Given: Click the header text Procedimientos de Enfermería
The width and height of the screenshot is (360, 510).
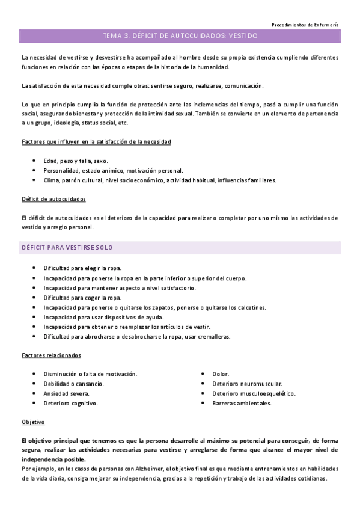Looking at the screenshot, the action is [x=305, y=25].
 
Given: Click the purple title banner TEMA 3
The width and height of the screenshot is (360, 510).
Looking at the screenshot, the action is [x=180, y=36].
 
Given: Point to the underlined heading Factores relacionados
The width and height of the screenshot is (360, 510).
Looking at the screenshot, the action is [x=51, y=355].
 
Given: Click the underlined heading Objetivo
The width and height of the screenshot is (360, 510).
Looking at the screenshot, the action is [x=32, y=422].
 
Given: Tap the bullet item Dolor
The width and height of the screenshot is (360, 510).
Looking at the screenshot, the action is [x=221, y=374].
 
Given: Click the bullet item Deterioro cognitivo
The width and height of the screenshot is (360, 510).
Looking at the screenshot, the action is [x=70, y=403].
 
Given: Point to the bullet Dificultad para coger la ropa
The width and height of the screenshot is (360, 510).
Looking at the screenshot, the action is [x=82, y=298].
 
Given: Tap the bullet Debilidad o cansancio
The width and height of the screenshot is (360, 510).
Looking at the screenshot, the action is [x=73, y=384].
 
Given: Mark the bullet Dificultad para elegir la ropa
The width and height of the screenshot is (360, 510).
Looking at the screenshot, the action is [x=82, y=268].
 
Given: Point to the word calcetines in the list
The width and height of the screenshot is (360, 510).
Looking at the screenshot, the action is [x=247, y=307].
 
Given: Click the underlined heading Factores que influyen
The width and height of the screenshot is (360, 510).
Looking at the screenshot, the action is [x=96, y=141].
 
